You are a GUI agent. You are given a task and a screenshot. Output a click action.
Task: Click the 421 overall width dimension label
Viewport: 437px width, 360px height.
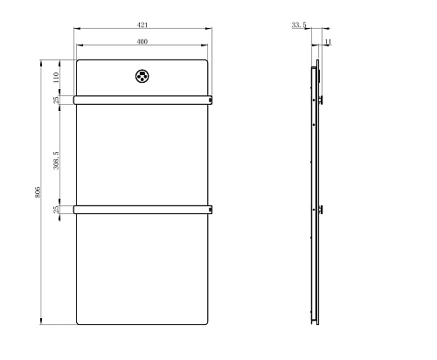tap(142, 25)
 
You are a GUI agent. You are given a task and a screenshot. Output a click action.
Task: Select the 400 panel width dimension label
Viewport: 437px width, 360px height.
tap(142, 42)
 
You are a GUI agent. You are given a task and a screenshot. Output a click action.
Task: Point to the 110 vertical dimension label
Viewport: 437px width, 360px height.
tap(56, 78)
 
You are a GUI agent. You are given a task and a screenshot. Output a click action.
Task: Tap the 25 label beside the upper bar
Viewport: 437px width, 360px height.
tap(56, 100)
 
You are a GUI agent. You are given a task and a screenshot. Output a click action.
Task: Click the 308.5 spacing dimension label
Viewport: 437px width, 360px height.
tap(56, 160)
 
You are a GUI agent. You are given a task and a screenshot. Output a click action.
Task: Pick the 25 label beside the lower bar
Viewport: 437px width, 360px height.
tap(56, 210)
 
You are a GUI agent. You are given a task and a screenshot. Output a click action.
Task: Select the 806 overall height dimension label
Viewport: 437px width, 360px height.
tap(38, 192)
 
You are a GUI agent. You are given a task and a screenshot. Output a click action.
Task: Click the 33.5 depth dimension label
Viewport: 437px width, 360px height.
tap(299, 25)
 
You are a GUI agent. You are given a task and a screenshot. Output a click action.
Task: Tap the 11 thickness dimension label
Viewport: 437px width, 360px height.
tap(328, 42)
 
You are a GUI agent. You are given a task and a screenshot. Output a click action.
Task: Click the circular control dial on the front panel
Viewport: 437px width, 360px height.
tap(142, 76)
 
